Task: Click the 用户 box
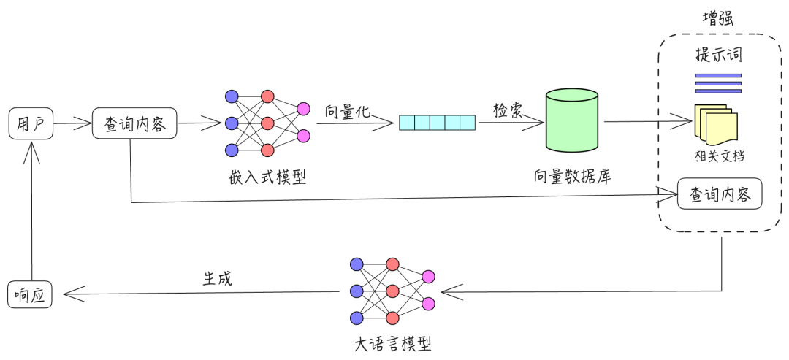tap(30, 123)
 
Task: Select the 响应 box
tap(30, 294)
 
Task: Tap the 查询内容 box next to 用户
tap(134, 123)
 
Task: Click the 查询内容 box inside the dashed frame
tap(720, 194)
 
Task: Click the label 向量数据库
tap(572, 177)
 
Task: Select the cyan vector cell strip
tap(437, 123)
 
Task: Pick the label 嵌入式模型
tap(267, 177)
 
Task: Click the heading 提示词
tap(719, 56)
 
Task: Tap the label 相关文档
tap(720, 156)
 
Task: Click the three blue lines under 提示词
tap(718, 83)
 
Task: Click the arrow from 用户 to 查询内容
tap(72, 123)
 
